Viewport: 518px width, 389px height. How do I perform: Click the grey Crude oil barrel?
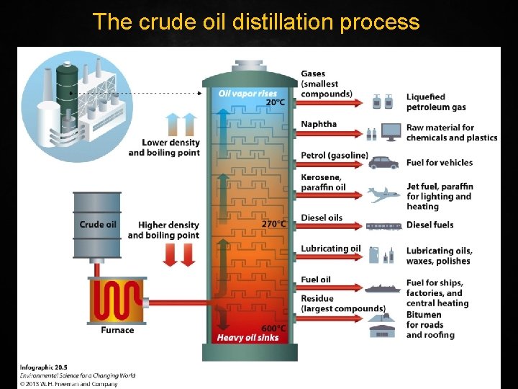click(x=97, y=225)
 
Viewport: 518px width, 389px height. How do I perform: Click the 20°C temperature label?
click(x=276, y=102)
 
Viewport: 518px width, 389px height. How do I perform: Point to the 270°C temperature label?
click(x=273, y=223)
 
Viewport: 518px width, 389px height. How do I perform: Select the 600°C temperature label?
click(x=273, y=328)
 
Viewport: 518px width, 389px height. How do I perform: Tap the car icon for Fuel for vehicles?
click(x=383, y=163)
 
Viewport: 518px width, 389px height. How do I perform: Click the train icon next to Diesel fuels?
click(x=383, y=225)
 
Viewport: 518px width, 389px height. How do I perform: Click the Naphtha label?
click(x=319, y=124)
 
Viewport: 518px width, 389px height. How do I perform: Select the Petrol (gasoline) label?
click(x=335, y=156)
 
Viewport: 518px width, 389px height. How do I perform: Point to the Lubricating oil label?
click(x=331, y=249)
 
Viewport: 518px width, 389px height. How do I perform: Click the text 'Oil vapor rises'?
click(x=247, y=94)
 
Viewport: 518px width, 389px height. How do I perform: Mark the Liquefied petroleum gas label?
click(x=436, y=102)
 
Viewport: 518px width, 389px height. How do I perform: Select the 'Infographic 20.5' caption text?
click(x=44, y=367)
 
